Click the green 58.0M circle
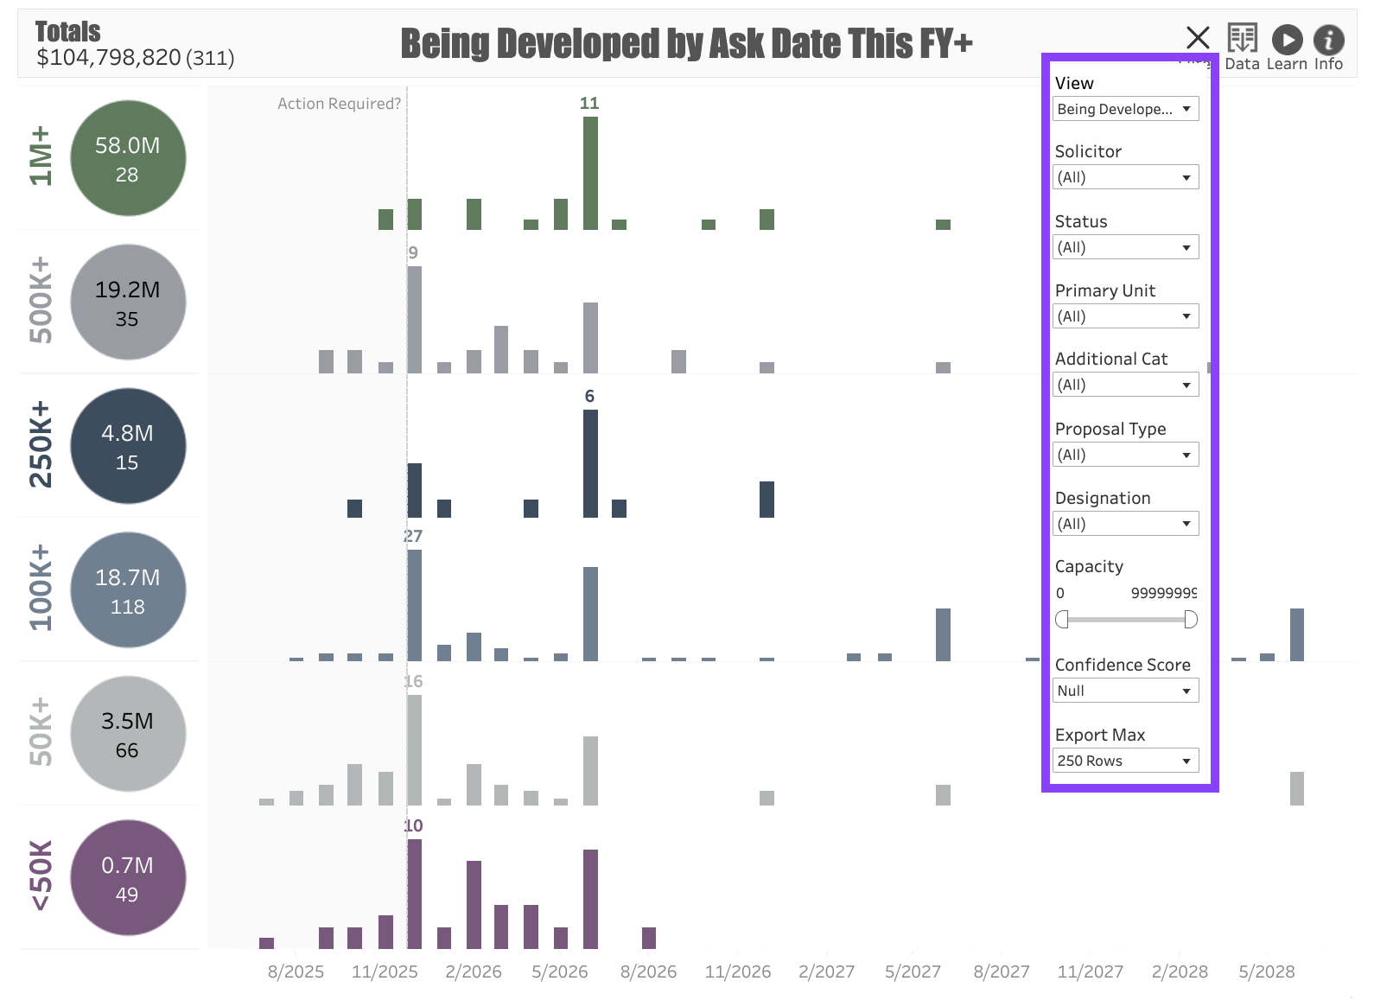(x=128, y=158)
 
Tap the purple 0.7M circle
(x=128, y=877)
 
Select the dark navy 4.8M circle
(x=128, y=446)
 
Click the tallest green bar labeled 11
(x=590, y=173)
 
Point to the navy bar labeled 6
(x=590, y=463)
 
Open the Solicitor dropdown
(x=1125, y=177)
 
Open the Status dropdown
(x=1125, y=247)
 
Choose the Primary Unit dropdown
(x=1125, y=316)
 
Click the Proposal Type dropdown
(x=1125, y=455)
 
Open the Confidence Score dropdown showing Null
(x=1125, y=691)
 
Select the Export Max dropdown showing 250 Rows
(x=1125, y=761)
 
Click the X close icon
(x=1198, y=38)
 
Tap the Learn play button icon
(x=1287, y=40)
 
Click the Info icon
(x=1328, y=40)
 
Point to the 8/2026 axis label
(x=648, y=971)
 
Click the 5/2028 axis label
(x=1266, y=971)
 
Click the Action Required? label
(x=339, y=104)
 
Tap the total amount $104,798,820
(x=109, y=58)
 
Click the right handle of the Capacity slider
(x=1190, y=619)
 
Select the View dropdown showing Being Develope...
(x=1125, y=109)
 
